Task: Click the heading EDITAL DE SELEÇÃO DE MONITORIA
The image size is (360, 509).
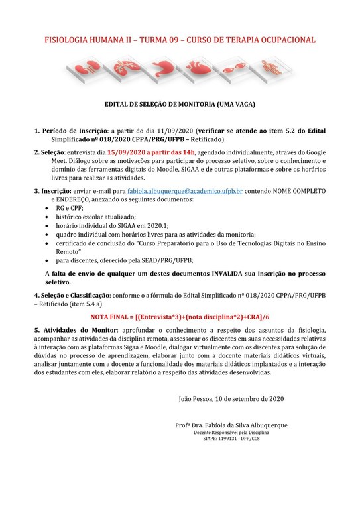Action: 180,104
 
